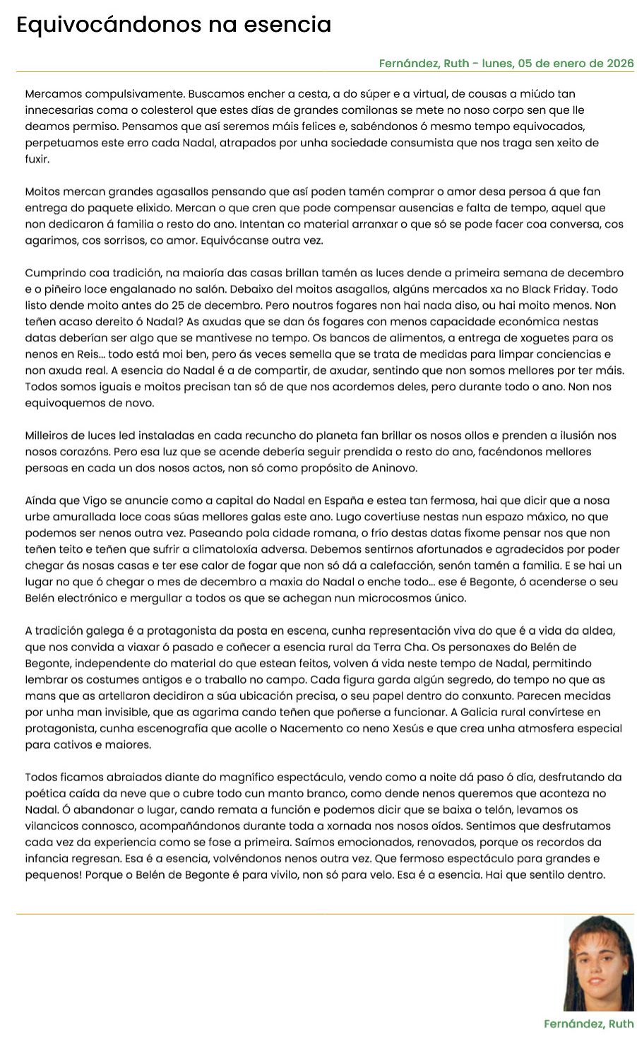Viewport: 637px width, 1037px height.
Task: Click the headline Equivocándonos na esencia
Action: coord(174,25)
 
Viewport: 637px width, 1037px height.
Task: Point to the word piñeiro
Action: coord(59,289)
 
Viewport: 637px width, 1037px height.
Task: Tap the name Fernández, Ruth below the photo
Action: coord(588,1024)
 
